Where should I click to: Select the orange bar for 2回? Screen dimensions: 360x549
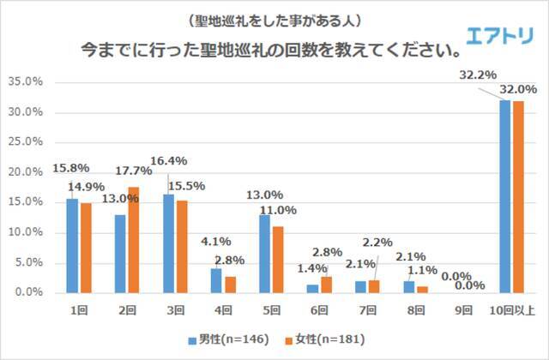[133, 240]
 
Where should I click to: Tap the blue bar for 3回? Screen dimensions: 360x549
[170, 243]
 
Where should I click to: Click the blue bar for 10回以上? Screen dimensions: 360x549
[507, 196]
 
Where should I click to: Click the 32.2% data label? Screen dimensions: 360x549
[478, 75]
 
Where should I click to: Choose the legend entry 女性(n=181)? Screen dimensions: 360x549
[319, 340]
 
